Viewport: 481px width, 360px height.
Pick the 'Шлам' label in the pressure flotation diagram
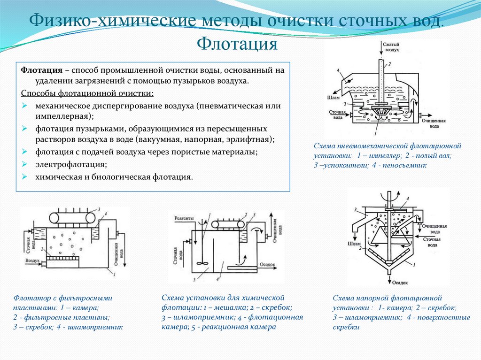point(354,244)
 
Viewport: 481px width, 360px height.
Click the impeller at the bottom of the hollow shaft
point(379,112)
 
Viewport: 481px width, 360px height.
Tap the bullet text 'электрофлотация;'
point(70,165)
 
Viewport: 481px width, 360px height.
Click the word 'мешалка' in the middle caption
point(228,308)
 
